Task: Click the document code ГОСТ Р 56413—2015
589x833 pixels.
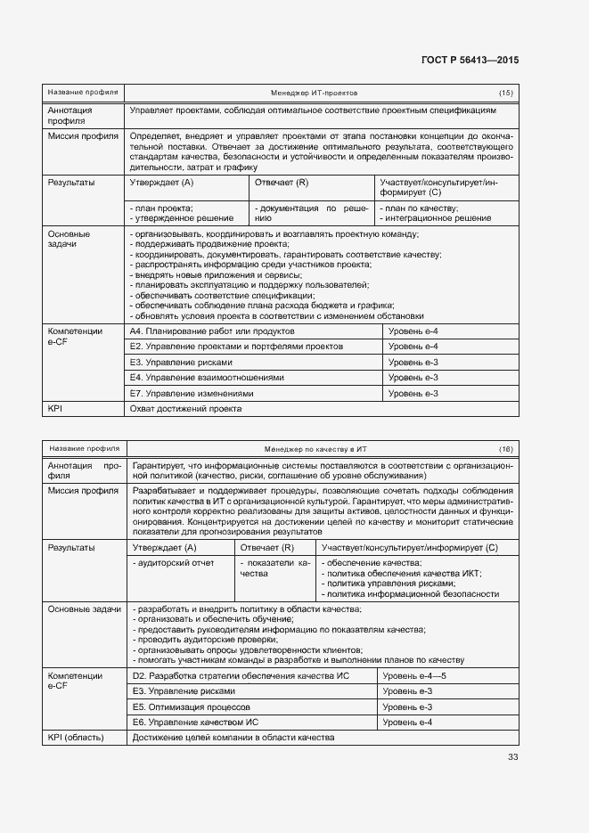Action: [x=470, y=60]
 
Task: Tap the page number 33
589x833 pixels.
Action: [x=512, y=757]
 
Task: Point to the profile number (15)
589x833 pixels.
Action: [x=505, y=93]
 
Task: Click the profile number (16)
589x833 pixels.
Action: [x=505, y=448]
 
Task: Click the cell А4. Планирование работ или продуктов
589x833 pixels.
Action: [x=212, y=331]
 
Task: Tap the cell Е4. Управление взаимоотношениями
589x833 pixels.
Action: [x=207, y=378]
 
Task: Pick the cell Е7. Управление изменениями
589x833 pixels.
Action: [x=192, y=393]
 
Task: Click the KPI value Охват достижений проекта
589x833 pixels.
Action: [x=185, y=409]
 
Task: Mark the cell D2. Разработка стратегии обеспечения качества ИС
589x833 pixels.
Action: [x=240, y=676]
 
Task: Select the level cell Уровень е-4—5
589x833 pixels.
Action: [x=413, y=676]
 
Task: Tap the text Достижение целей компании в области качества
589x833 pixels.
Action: [x=233, y=738]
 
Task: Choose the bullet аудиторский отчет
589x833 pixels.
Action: [x=174, y=563]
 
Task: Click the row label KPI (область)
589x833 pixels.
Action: [x=76, y=738]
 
